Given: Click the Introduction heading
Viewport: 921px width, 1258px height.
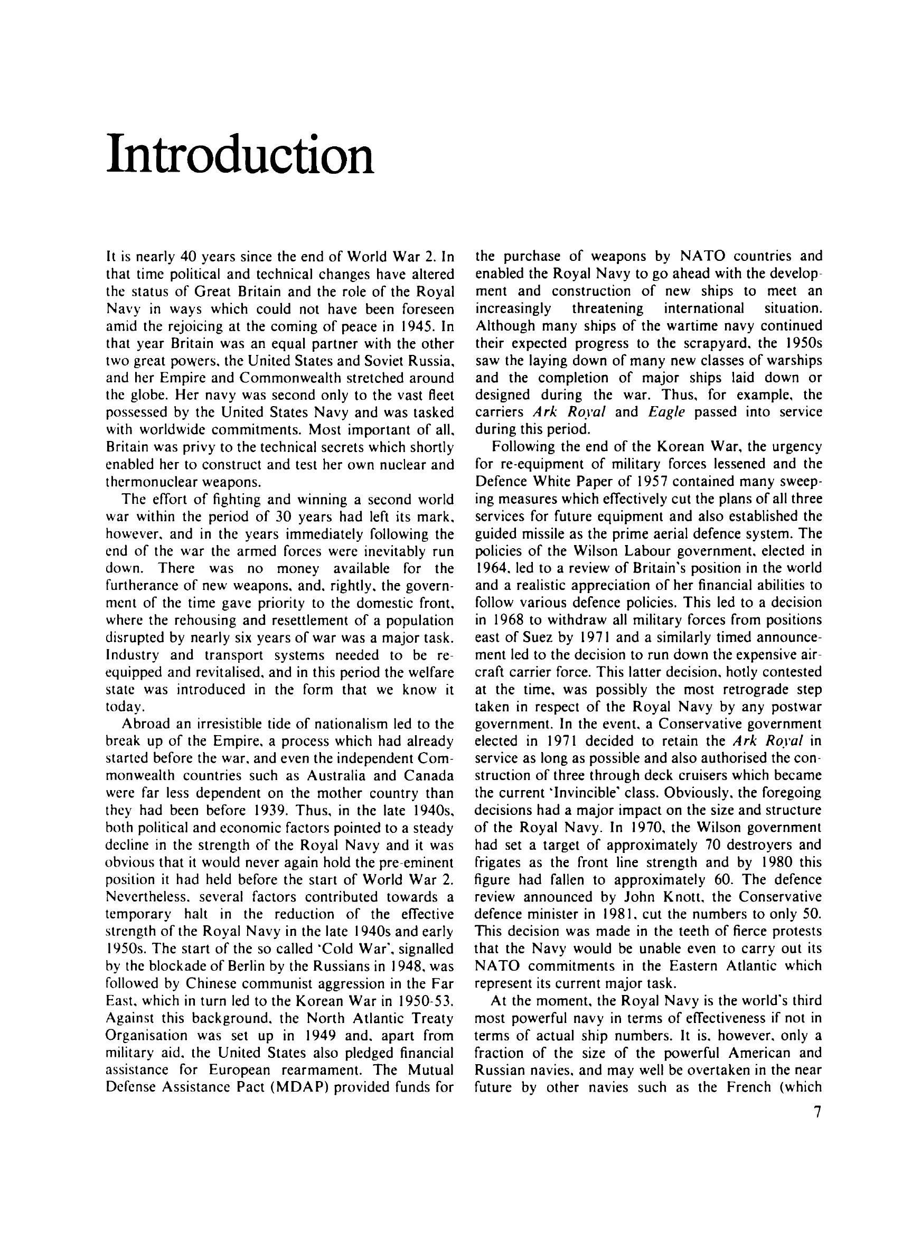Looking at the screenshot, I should (240, 154).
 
